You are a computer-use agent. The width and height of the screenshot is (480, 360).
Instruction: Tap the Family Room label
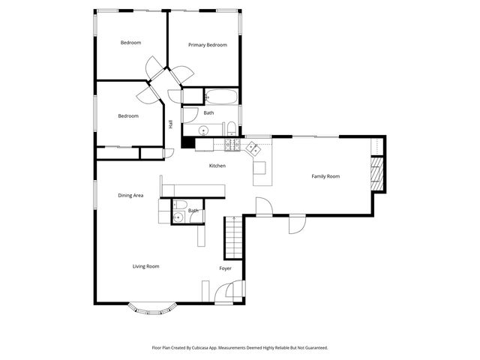pyautogui.click(x=326, y=177)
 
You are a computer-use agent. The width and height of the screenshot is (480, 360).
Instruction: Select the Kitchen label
pyautogui.click(x=217, y=166)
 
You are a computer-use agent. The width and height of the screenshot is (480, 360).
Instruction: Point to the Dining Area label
pyautogui.click(x=130, y=196)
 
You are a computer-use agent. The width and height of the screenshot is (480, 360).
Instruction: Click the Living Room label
pyautogui.click(x=145, y=266)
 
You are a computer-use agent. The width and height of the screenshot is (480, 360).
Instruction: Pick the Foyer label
pyautogui.click(x=225, y=268)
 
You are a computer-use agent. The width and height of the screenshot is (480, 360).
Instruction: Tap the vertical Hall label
pyautogui.click(x=171, y=124)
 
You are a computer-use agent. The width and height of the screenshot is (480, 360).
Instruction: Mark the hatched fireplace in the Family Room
pyautogui.click(x=377, y=173)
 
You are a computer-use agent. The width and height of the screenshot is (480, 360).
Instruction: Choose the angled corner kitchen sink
pyautogui.click(x=256, y=148)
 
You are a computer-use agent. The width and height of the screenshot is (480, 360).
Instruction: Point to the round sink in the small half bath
pyautogui.click(x=177, y=218)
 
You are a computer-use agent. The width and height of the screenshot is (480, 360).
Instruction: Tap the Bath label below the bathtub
pyautogui.click(x=208, y=113)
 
